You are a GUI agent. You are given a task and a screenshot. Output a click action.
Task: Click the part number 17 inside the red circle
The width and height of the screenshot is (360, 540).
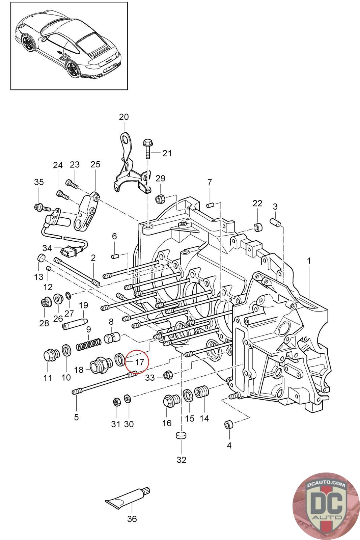click(x=140, y=362)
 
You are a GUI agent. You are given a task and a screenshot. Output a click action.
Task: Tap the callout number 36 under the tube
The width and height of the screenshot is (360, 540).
click(x=132, y=518)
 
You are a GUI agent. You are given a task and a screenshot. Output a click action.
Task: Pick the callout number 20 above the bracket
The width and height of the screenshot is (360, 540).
click(x=124, y=117)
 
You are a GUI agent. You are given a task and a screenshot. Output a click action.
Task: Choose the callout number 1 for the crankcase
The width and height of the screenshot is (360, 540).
click(x=309, y=261)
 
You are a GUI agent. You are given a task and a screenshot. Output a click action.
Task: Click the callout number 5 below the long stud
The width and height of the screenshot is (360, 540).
click(x=76, y=417)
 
